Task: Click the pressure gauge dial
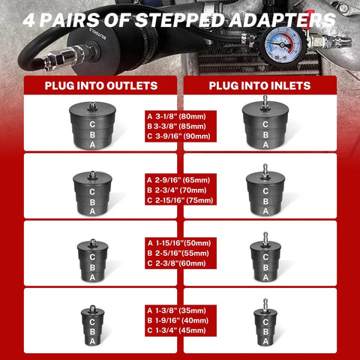click(x=282, y=45)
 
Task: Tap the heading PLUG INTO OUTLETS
click(x=101, y=85)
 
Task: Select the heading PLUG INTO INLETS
click(x=259, y=85)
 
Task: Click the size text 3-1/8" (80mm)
click(x=181, y=116)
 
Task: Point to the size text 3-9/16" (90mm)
click(x=182, y=136)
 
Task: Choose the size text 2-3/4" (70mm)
click(x=181, y=190)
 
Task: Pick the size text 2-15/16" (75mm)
click(x=184, y=200)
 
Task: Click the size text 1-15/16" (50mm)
click(x=183, y=243)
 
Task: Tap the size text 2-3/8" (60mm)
click(x=181, y=263)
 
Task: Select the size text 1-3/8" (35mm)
click(x=181, y=310)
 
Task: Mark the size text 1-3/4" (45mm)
click(x=181, y=331)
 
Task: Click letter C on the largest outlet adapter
click(x=92, y=124)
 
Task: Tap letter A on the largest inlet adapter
click(x=265, y=145)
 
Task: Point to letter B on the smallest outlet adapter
click(x=92, y=331)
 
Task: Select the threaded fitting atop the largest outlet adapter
click(x=92, y=106)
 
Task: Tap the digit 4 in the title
click(x=29, y=20)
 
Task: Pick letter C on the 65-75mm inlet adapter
click(x=265, y=191)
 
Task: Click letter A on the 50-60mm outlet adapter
click(x=92, y=277)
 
